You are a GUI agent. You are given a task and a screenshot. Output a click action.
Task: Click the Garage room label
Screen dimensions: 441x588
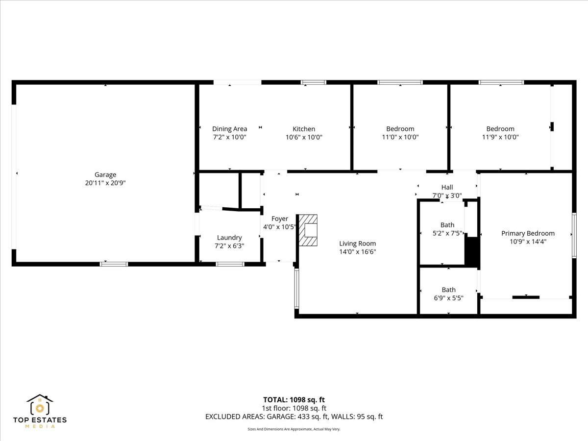coord(105,174)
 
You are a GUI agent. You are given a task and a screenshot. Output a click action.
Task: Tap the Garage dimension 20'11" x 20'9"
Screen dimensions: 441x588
coord(105,183)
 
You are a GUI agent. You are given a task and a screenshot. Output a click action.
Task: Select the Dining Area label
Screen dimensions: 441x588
coord(229,129)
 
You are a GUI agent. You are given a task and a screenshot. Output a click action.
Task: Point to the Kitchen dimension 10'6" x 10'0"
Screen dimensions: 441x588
coord(304,137)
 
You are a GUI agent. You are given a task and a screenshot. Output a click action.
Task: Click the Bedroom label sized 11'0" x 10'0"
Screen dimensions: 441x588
coord(400,129)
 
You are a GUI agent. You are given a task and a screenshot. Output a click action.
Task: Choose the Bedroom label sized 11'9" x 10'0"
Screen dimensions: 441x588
coord(500,129)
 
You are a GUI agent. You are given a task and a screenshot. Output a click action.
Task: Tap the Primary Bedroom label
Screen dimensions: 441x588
coord(528,233)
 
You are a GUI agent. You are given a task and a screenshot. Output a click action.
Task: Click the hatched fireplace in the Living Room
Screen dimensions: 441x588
coord(308,230)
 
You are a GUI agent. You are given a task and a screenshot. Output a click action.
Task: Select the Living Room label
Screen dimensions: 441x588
coord(358,244)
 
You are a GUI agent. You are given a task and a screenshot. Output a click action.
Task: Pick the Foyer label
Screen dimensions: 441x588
coord(280,219)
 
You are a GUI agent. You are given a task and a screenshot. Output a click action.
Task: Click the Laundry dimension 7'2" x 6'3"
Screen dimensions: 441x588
coord(229,246)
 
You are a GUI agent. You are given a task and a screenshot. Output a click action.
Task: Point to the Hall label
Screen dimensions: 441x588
coord(447,187)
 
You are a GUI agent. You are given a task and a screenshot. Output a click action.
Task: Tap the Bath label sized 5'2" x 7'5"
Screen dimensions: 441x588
coord(447,225)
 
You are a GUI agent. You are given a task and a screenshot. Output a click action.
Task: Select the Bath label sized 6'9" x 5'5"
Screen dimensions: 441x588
coord(448,290)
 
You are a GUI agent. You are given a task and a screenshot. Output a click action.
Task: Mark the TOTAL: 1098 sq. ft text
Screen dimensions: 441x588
coord(294,400)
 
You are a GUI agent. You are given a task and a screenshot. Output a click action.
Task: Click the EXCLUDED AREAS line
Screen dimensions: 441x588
coord(294,417)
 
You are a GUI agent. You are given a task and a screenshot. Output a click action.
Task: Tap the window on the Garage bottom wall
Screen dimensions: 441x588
coord(114,264)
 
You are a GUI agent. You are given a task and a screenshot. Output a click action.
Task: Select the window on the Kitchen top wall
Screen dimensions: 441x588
coord(314,82)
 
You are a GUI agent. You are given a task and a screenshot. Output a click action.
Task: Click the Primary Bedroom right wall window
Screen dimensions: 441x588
coord(574,235)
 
